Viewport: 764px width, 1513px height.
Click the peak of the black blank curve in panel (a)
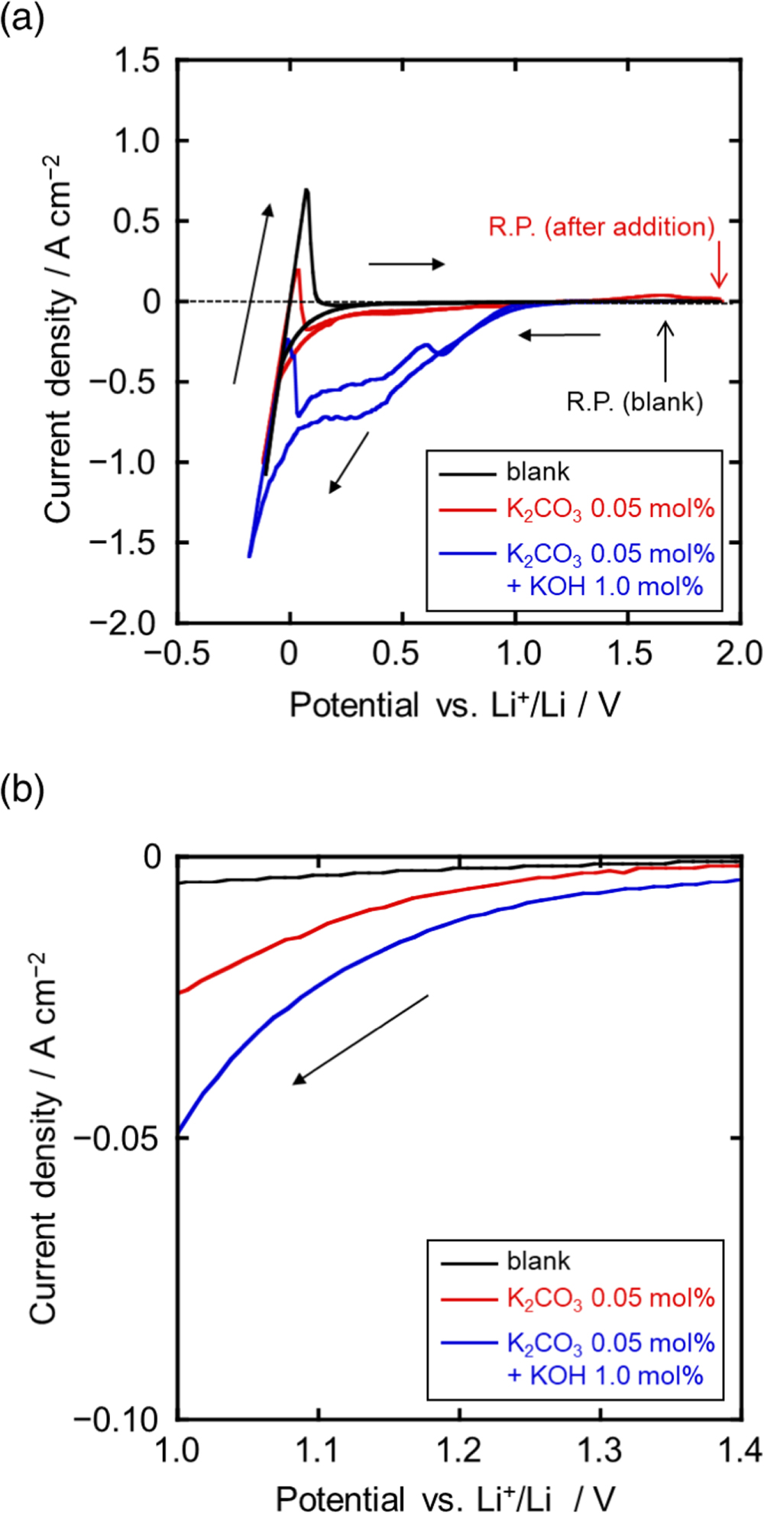point(306,190)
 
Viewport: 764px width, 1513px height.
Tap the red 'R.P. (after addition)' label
point(601,227)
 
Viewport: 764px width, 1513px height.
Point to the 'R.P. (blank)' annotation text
point(634,402)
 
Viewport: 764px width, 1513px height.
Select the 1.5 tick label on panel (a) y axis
point(138,60)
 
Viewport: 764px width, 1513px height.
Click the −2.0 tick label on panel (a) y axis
point(125,623)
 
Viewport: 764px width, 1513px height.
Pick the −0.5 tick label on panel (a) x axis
point(176,655)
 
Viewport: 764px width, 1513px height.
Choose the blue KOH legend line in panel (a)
point(467,554)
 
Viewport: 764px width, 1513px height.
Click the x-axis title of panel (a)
point(454,704)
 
